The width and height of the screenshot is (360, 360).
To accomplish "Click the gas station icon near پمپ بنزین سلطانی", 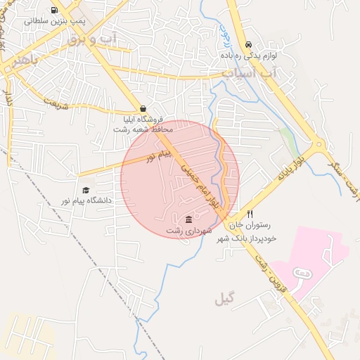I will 56,11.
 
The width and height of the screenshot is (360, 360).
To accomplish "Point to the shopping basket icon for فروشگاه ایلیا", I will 143,109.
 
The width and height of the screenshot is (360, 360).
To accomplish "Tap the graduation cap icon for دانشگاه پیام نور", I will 86,190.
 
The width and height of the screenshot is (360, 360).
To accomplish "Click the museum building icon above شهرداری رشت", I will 188,219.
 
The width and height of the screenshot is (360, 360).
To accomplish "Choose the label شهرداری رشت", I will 188,231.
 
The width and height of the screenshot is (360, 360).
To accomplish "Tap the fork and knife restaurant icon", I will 250,214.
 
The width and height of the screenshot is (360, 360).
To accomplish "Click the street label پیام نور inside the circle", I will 157,155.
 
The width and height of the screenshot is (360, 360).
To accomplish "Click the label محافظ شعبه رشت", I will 144,129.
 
